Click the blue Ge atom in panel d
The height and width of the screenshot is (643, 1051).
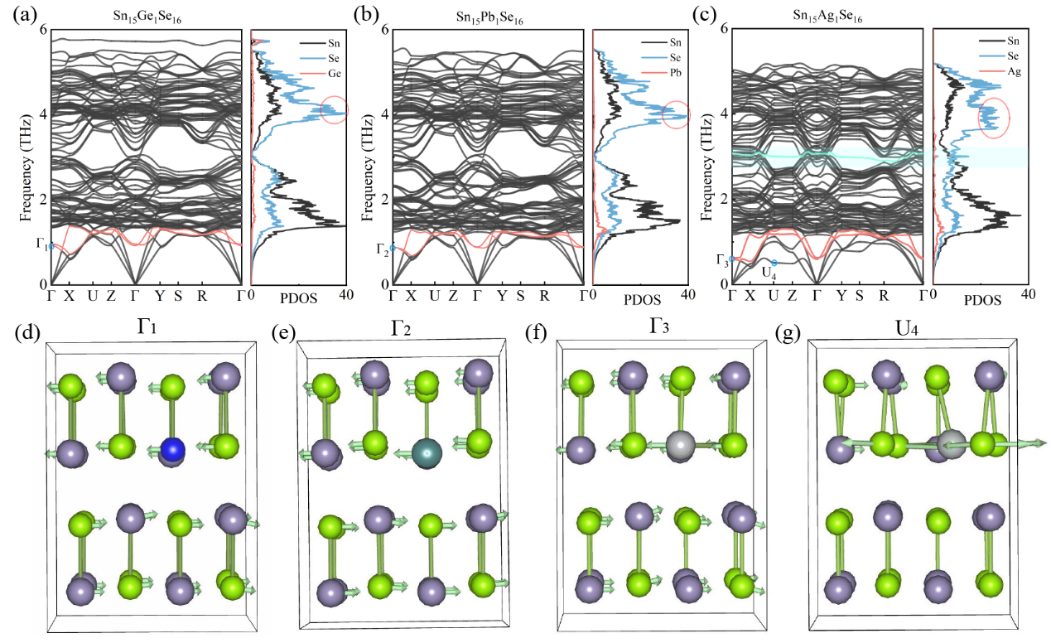coord(172,450)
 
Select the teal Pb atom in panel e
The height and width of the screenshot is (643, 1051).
coord(427,453)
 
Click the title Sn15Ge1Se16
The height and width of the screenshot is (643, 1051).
coord(147,17)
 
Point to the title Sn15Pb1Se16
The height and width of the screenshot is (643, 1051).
coord(489,18)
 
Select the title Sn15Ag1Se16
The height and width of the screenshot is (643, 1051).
coord(827,16)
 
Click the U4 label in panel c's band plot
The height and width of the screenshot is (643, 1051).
coord(769,273)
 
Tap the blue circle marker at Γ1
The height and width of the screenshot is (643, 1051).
coord(51,246)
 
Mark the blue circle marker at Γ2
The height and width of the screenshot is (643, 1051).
coord(393,249)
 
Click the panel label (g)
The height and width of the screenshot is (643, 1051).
coord(788,333)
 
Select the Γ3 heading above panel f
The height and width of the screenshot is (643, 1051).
coord(659,327)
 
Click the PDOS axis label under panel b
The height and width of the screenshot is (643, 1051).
coord(642,299)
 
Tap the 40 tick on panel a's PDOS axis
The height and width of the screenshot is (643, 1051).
coord(346,295)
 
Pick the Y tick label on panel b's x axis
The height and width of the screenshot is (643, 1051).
coord(502,296)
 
